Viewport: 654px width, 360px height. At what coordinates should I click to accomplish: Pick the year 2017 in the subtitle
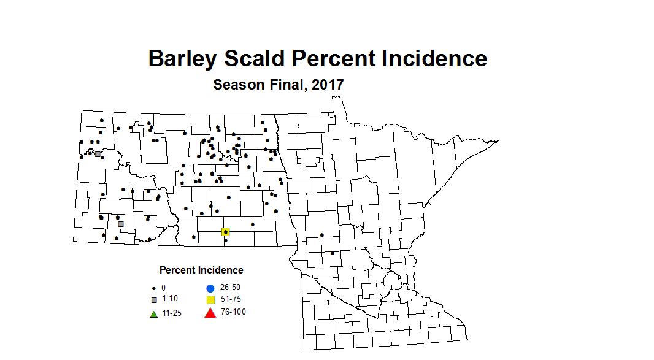pos(328,85)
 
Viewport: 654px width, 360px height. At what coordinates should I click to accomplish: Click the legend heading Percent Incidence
pos(201,270)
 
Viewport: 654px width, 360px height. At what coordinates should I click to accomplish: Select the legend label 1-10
pos(171,299)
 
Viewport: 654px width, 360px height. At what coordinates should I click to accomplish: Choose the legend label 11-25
pos(172,314)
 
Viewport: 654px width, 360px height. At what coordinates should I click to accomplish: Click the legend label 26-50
pos(230,287)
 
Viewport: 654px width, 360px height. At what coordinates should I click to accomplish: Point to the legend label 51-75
pos(231,299)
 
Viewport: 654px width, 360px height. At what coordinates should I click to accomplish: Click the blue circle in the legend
pos(210,288)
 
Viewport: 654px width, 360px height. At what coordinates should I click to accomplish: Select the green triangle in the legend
pos(154,315)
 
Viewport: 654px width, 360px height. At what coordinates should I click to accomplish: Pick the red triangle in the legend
pos(209,313)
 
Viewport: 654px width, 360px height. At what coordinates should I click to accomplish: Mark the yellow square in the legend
pos(210,300)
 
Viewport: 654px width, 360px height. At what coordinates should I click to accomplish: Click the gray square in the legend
pos(154,300)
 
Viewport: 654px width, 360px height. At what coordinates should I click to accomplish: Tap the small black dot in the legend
pos(153,288)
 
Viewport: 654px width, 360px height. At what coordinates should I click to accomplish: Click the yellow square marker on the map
pos(225,232)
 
